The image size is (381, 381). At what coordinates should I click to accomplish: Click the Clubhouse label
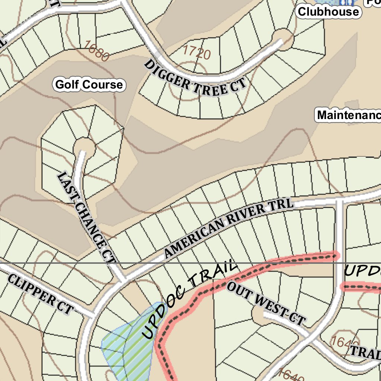click(x=329, y=12)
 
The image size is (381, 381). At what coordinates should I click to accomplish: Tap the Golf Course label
click(x=89, y=85)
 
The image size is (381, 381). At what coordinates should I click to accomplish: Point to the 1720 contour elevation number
click(x=197, y=52)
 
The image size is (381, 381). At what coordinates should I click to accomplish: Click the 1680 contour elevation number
click(x=97, y=51)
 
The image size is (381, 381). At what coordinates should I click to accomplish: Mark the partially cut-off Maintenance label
click(x=348, y=115)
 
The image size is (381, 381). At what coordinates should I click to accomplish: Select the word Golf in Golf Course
click(x=67, y=85)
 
